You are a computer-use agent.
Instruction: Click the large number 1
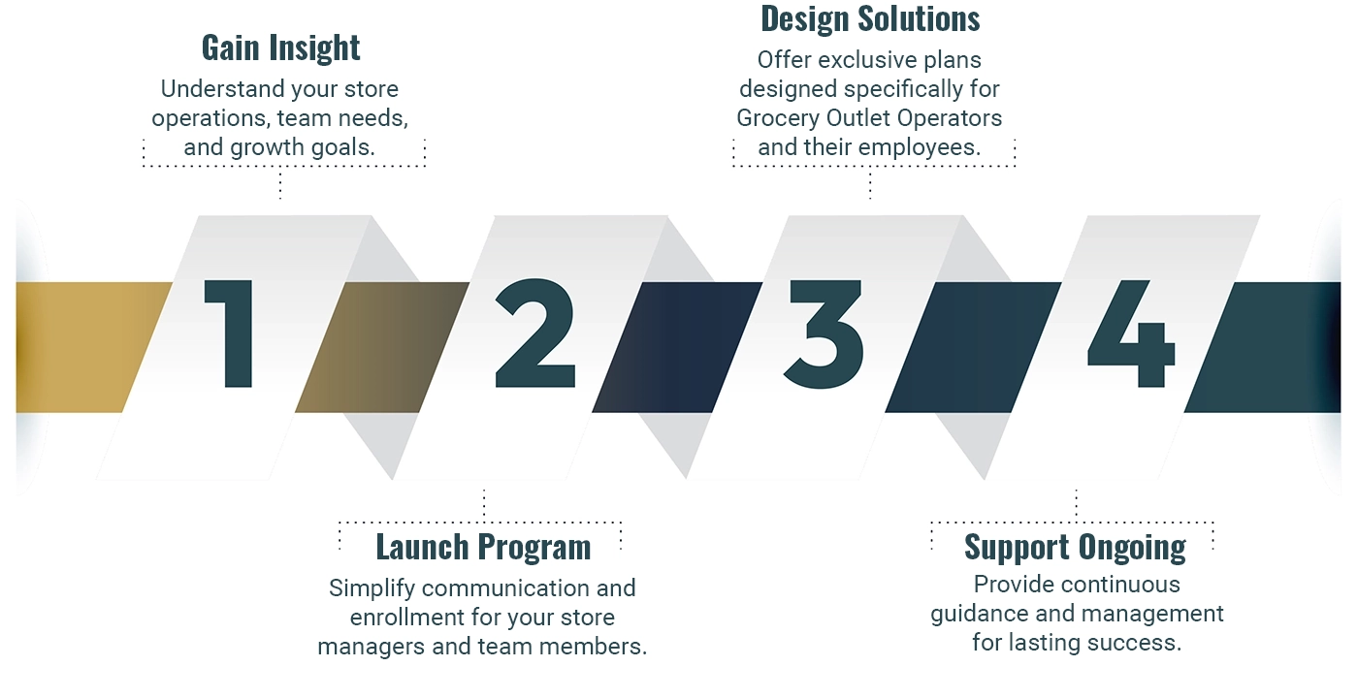pos(230,333)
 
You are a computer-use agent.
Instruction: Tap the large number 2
pos(534,333)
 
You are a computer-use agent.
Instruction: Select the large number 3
pos(824,333)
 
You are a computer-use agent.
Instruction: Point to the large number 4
pos(1131,333)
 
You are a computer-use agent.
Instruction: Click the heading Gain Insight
pos(280,48)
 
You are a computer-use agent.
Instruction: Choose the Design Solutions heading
pos(870,18)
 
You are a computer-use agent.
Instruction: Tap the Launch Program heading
pos(483,547)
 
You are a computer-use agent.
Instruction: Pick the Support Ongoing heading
pos(1075,547)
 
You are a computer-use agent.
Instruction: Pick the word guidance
pos(974,614)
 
